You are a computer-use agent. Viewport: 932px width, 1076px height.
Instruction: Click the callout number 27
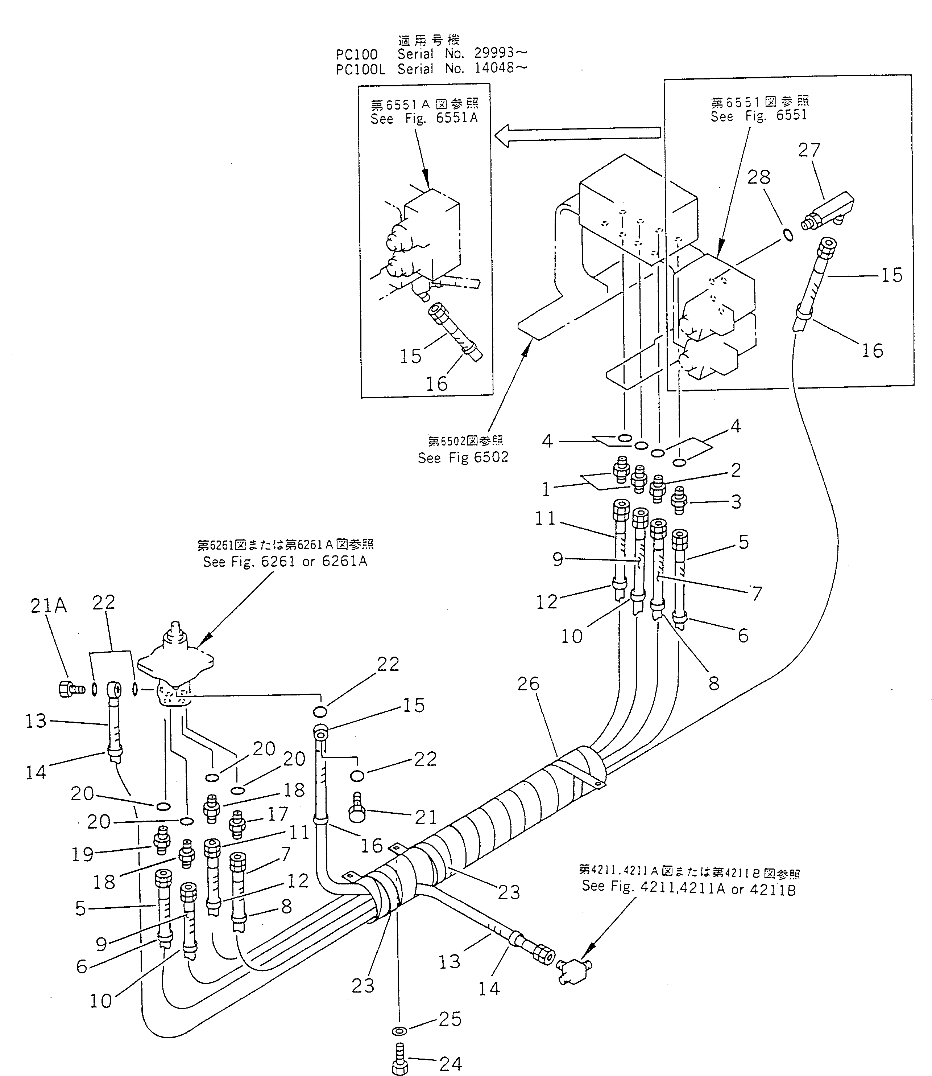809,151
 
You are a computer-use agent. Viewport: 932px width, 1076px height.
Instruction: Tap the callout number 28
758,177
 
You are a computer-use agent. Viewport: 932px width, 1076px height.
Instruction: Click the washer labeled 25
399,1031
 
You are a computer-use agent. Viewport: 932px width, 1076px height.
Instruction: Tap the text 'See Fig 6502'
463,457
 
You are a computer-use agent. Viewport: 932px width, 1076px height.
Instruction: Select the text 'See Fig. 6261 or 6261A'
285,562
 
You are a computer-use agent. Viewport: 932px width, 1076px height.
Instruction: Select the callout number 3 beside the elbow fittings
736,502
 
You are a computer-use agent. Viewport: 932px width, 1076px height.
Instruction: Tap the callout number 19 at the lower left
82,854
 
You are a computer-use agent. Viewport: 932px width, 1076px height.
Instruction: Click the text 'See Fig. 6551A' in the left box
423,119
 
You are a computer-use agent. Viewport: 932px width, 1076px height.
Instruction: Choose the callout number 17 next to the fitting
278,814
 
